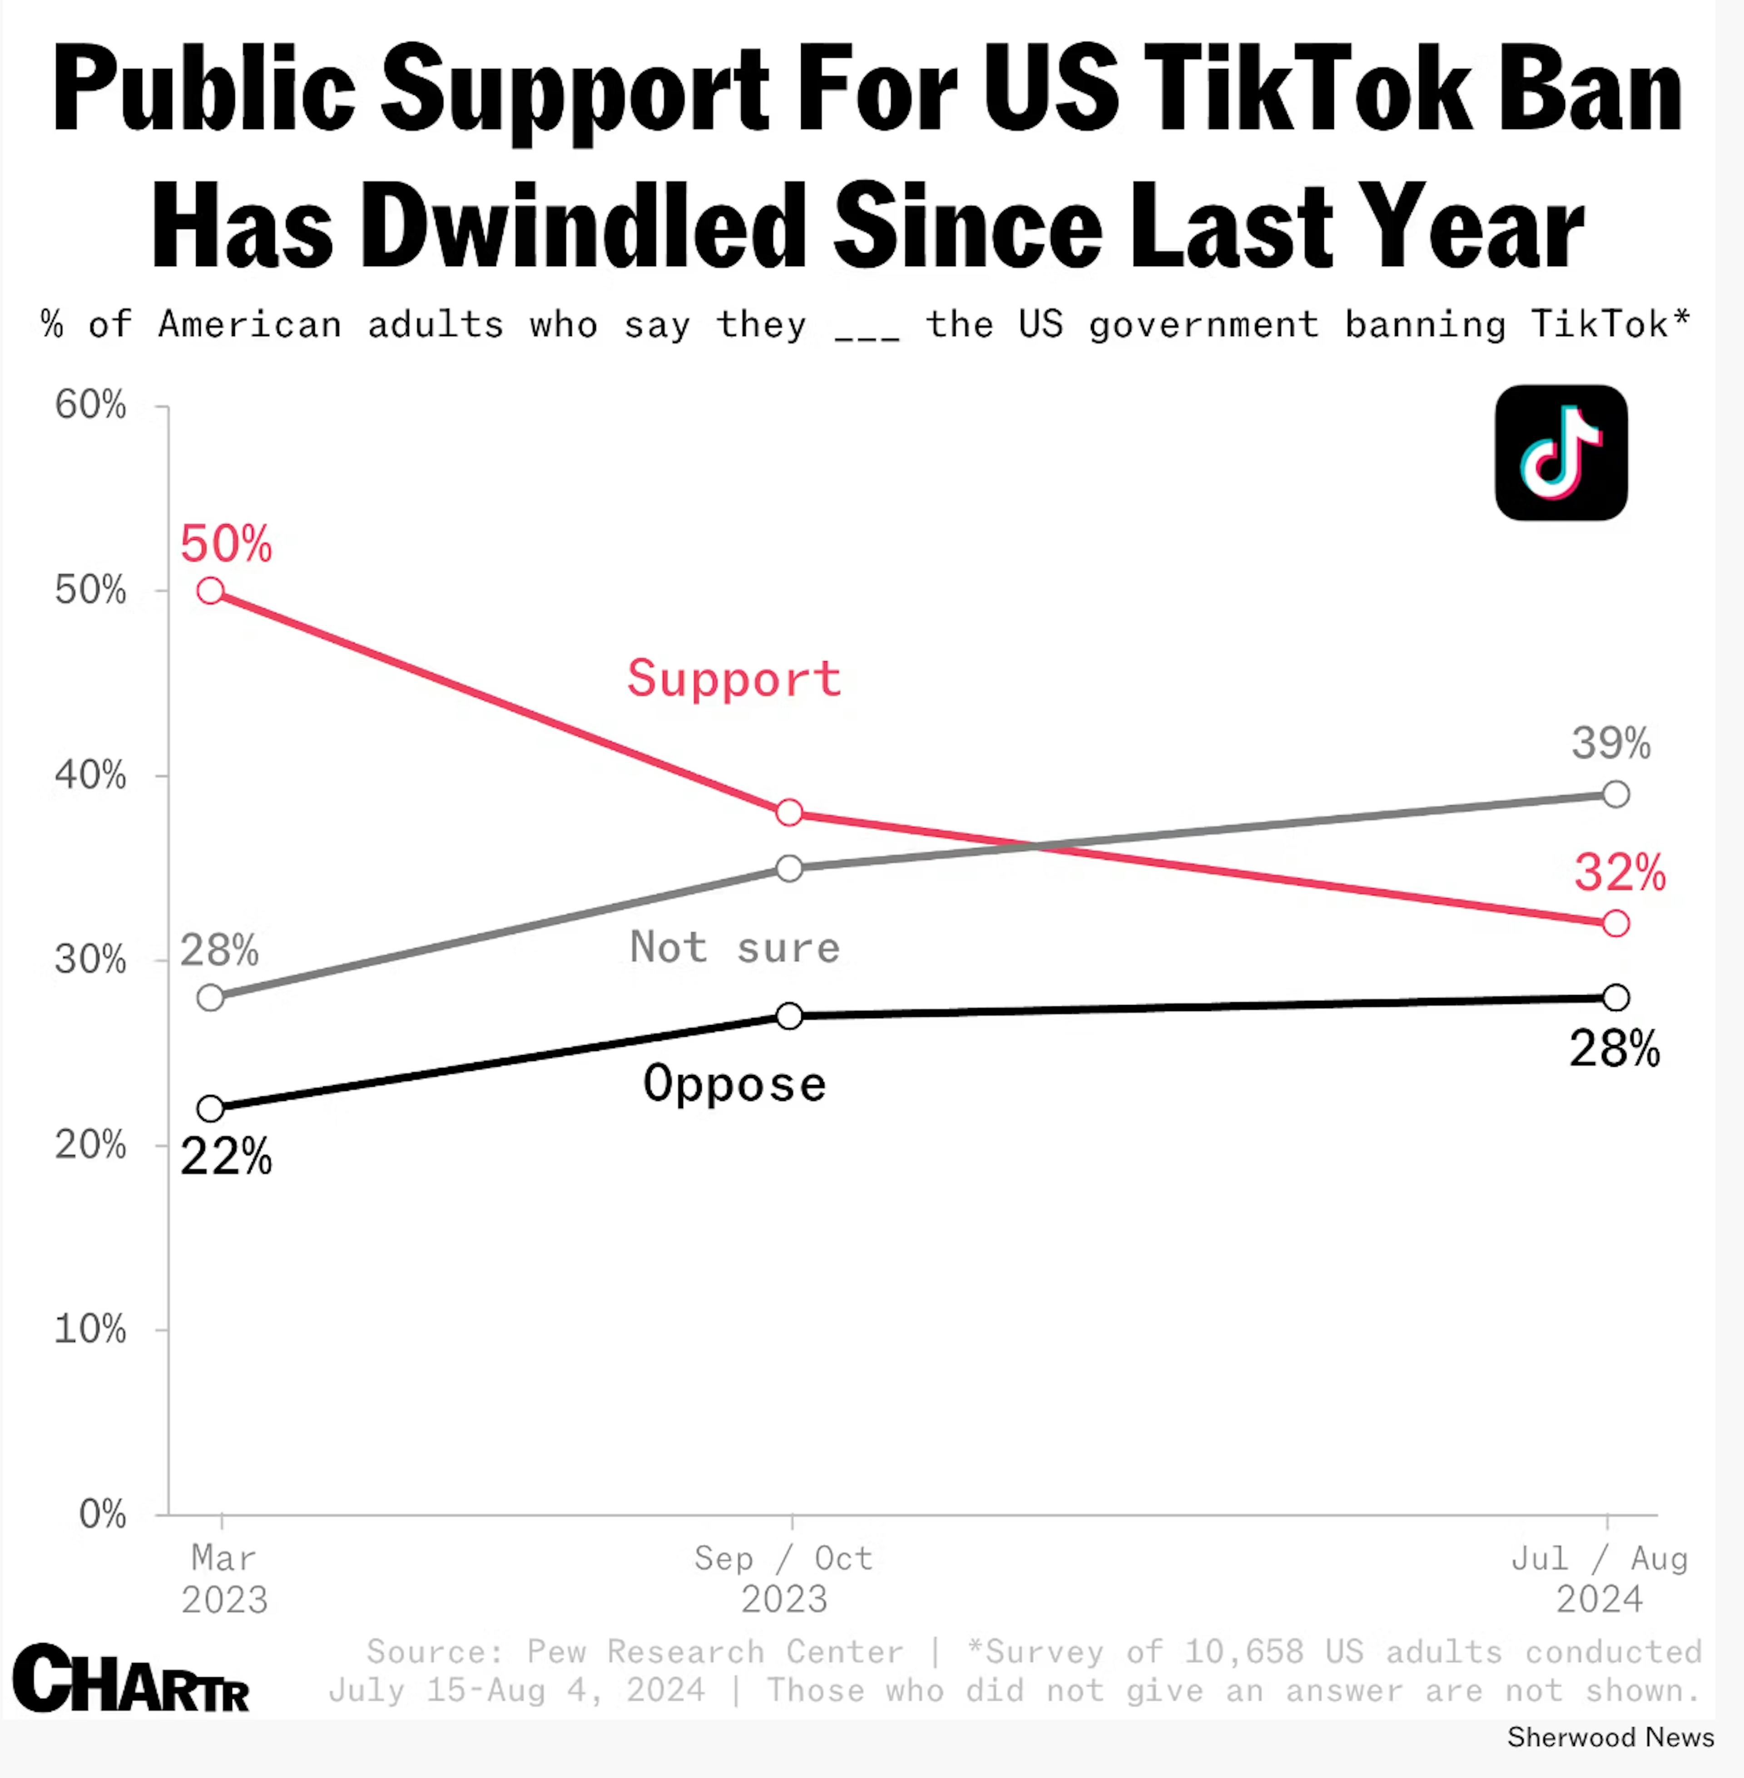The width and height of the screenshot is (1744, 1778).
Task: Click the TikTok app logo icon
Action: [x=1561, y=452]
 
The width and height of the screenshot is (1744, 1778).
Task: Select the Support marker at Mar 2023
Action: [x=211, y=591]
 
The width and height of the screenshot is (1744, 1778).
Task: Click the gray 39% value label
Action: [x=1611, y=743]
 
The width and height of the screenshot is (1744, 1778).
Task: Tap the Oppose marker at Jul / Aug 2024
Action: [x=1616, y=998]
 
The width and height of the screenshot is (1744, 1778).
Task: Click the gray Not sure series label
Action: [x=734, y=947]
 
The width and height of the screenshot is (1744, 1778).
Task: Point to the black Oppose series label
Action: [x=734, y=1084]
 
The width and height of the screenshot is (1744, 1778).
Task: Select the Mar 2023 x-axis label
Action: [x=223, y=1579]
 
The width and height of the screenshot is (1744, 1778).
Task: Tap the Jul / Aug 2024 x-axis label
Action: [x=1599, y=1579]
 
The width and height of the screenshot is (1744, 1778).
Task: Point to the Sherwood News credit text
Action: [x=1610, y=1738]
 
